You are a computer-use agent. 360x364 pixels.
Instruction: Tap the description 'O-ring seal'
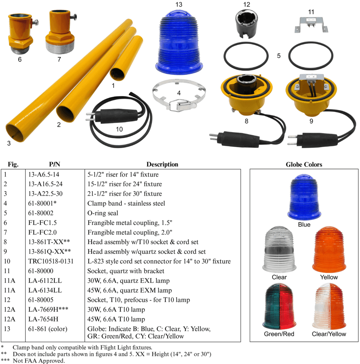(x=103, y=213)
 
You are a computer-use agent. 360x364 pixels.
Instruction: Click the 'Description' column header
(x=162, y=164)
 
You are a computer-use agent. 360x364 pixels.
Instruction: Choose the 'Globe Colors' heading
(x=304, y=164)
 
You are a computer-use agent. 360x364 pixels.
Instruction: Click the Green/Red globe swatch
(x=279, y=307)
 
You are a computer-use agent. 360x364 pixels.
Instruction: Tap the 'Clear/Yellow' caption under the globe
(x=329, y=334)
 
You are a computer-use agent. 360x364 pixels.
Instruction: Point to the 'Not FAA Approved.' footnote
(x=39, y=361)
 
